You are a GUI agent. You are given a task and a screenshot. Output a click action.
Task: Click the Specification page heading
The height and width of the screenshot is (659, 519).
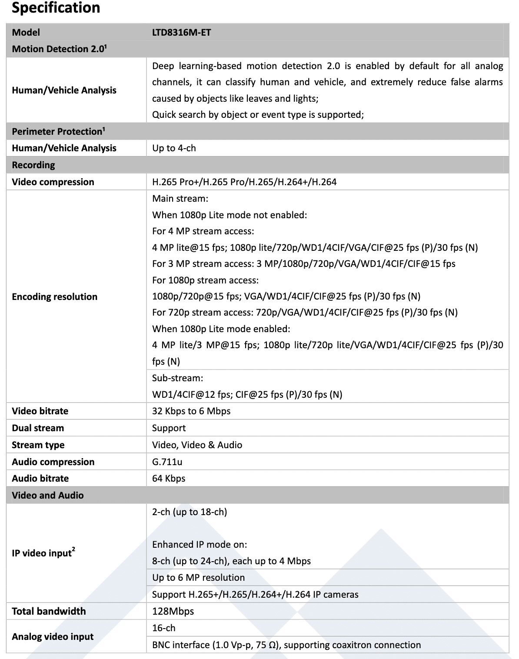pyautogui.click(x=56, y=8)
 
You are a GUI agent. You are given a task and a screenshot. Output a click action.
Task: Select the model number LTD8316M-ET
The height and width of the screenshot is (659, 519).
pyautogui.click(x=181, y=32)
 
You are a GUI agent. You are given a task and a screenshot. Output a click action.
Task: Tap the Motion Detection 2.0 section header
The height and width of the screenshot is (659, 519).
pyautogui.click(x=59, y=49)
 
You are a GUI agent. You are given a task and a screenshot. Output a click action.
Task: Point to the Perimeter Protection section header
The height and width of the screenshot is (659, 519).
pyautogui.click(x=58, y=131)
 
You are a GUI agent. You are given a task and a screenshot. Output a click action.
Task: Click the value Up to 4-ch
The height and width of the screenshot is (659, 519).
pyautogui.click(x=174, y=148)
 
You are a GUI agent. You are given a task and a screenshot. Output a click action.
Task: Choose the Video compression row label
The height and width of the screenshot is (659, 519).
pyautogui.click(x=53, y=182)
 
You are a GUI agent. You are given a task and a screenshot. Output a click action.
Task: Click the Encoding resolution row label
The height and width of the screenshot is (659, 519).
pyautogui.click(x=54, y=296)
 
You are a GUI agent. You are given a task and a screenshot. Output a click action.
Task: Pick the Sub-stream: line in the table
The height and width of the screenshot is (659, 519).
pyautogui.click(x=177, y=378)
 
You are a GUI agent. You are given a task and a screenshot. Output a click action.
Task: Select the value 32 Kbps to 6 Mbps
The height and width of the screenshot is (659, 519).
pyautogui.click(x=191, y=411)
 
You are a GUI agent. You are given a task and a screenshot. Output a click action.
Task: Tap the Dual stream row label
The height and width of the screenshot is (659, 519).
pyautogui.click(x=38, y=428)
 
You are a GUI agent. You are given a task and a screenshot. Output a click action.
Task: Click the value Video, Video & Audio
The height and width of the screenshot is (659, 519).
pyautogui.click(x=197, y=445)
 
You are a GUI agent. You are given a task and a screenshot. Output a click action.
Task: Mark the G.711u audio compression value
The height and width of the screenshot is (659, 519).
pyautogui.click(x=167, y=462)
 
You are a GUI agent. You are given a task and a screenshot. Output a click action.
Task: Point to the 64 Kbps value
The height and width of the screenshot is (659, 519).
pyautogui.click(x=169, y=478)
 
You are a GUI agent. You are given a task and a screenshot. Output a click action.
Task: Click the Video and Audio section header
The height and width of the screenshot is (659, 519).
pyautogui.click(x=48, y=495)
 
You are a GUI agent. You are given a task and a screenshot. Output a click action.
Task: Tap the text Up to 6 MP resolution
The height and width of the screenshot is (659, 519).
pyautogui.click(x=198, y=577)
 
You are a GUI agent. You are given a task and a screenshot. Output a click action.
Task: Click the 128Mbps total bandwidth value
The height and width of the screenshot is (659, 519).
pyautogui.click(x=173, y=611)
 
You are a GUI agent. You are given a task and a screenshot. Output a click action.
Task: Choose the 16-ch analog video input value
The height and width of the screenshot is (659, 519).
pyautogui.click(x=164, y=628)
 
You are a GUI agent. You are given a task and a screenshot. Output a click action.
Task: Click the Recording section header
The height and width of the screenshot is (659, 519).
pyautogui.click(x=33, y=165)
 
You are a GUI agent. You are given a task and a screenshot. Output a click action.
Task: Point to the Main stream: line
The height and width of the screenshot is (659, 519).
pyautogui.click(x=180, y=199)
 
